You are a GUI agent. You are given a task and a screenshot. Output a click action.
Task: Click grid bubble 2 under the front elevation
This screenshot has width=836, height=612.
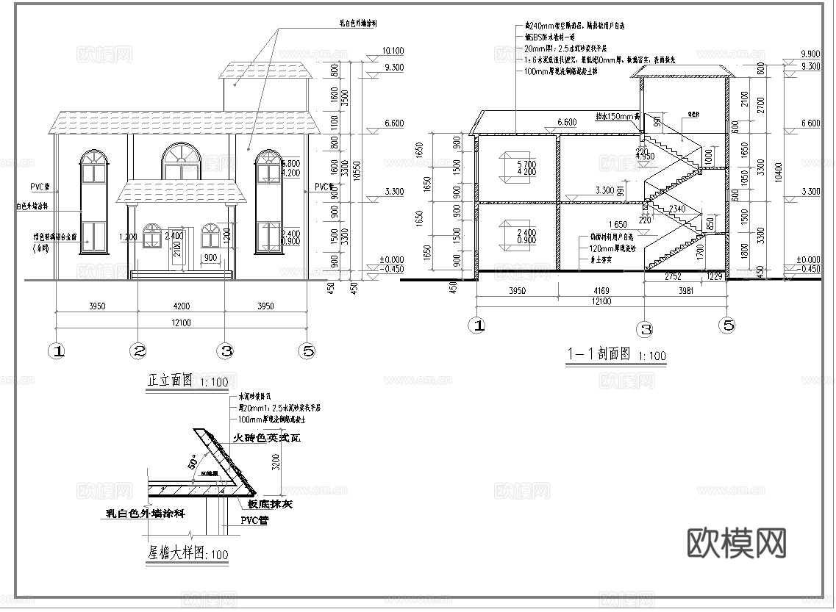tap(138, 351)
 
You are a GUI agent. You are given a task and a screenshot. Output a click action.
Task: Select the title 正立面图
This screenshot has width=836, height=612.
tap(170, 381)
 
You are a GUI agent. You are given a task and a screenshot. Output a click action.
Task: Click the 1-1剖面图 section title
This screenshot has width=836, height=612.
tap(599, 354)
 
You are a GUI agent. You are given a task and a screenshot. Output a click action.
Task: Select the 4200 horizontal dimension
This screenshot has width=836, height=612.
tap(180, 306)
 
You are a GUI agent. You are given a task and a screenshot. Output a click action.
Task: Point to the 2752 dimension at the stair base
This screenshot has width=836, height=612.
tap(672, 276)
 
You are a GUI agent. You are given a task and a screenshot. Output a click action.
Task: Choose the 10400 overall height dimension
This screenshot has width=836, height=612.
tap(780, 169)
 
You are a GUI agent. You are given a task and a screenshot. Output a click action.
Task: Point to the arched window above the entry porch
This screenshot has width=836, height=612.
tap(181, 162)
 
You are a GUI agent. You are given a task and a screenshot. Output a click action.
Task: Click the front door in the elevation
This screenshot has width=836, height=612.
tap(177, 248)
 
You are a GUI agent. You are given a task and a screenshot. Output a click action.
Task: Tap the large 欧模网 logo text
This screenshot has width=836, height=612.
tap(737, 543)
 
